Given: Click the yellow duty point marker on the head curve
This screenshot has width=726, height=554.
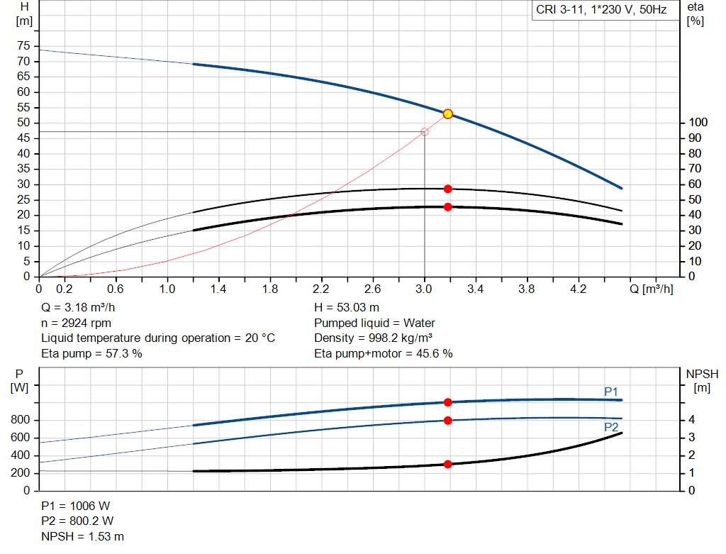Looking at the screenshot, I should click(447, 113).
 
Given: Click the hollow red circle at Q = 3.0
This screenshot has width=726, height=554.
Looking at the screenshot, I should click(425, 132).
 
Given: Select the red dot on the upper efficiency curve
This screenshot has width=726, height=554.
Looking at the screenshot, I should click(447, 189).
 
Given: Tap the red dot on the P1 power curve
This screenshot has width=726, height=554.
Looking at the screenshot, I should click(447, 402).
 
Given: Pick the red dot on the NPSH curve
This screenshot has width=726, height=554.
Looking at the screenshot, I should click(447, 464).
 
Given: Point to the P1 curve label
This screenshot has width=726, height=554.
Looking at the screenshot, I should click(611, 392).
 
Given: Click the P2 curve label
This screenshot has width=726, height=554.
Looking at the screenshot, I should click(611, 427).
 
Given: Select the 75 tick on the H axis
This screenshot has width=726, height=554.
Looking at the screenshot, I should click(23, 46).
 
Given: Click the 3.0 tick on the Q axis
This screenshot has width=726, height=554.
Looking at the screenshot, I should click(424, 289).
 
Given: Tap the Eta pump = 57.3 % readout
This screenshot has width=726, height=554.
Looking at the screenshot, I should click(91, 353).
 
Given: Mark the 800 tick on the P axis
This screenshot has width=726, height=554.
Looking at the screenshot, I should click(21, 420).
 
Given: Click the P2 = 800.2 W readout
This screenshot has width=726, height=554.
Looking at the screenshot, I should click(77, 521).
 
